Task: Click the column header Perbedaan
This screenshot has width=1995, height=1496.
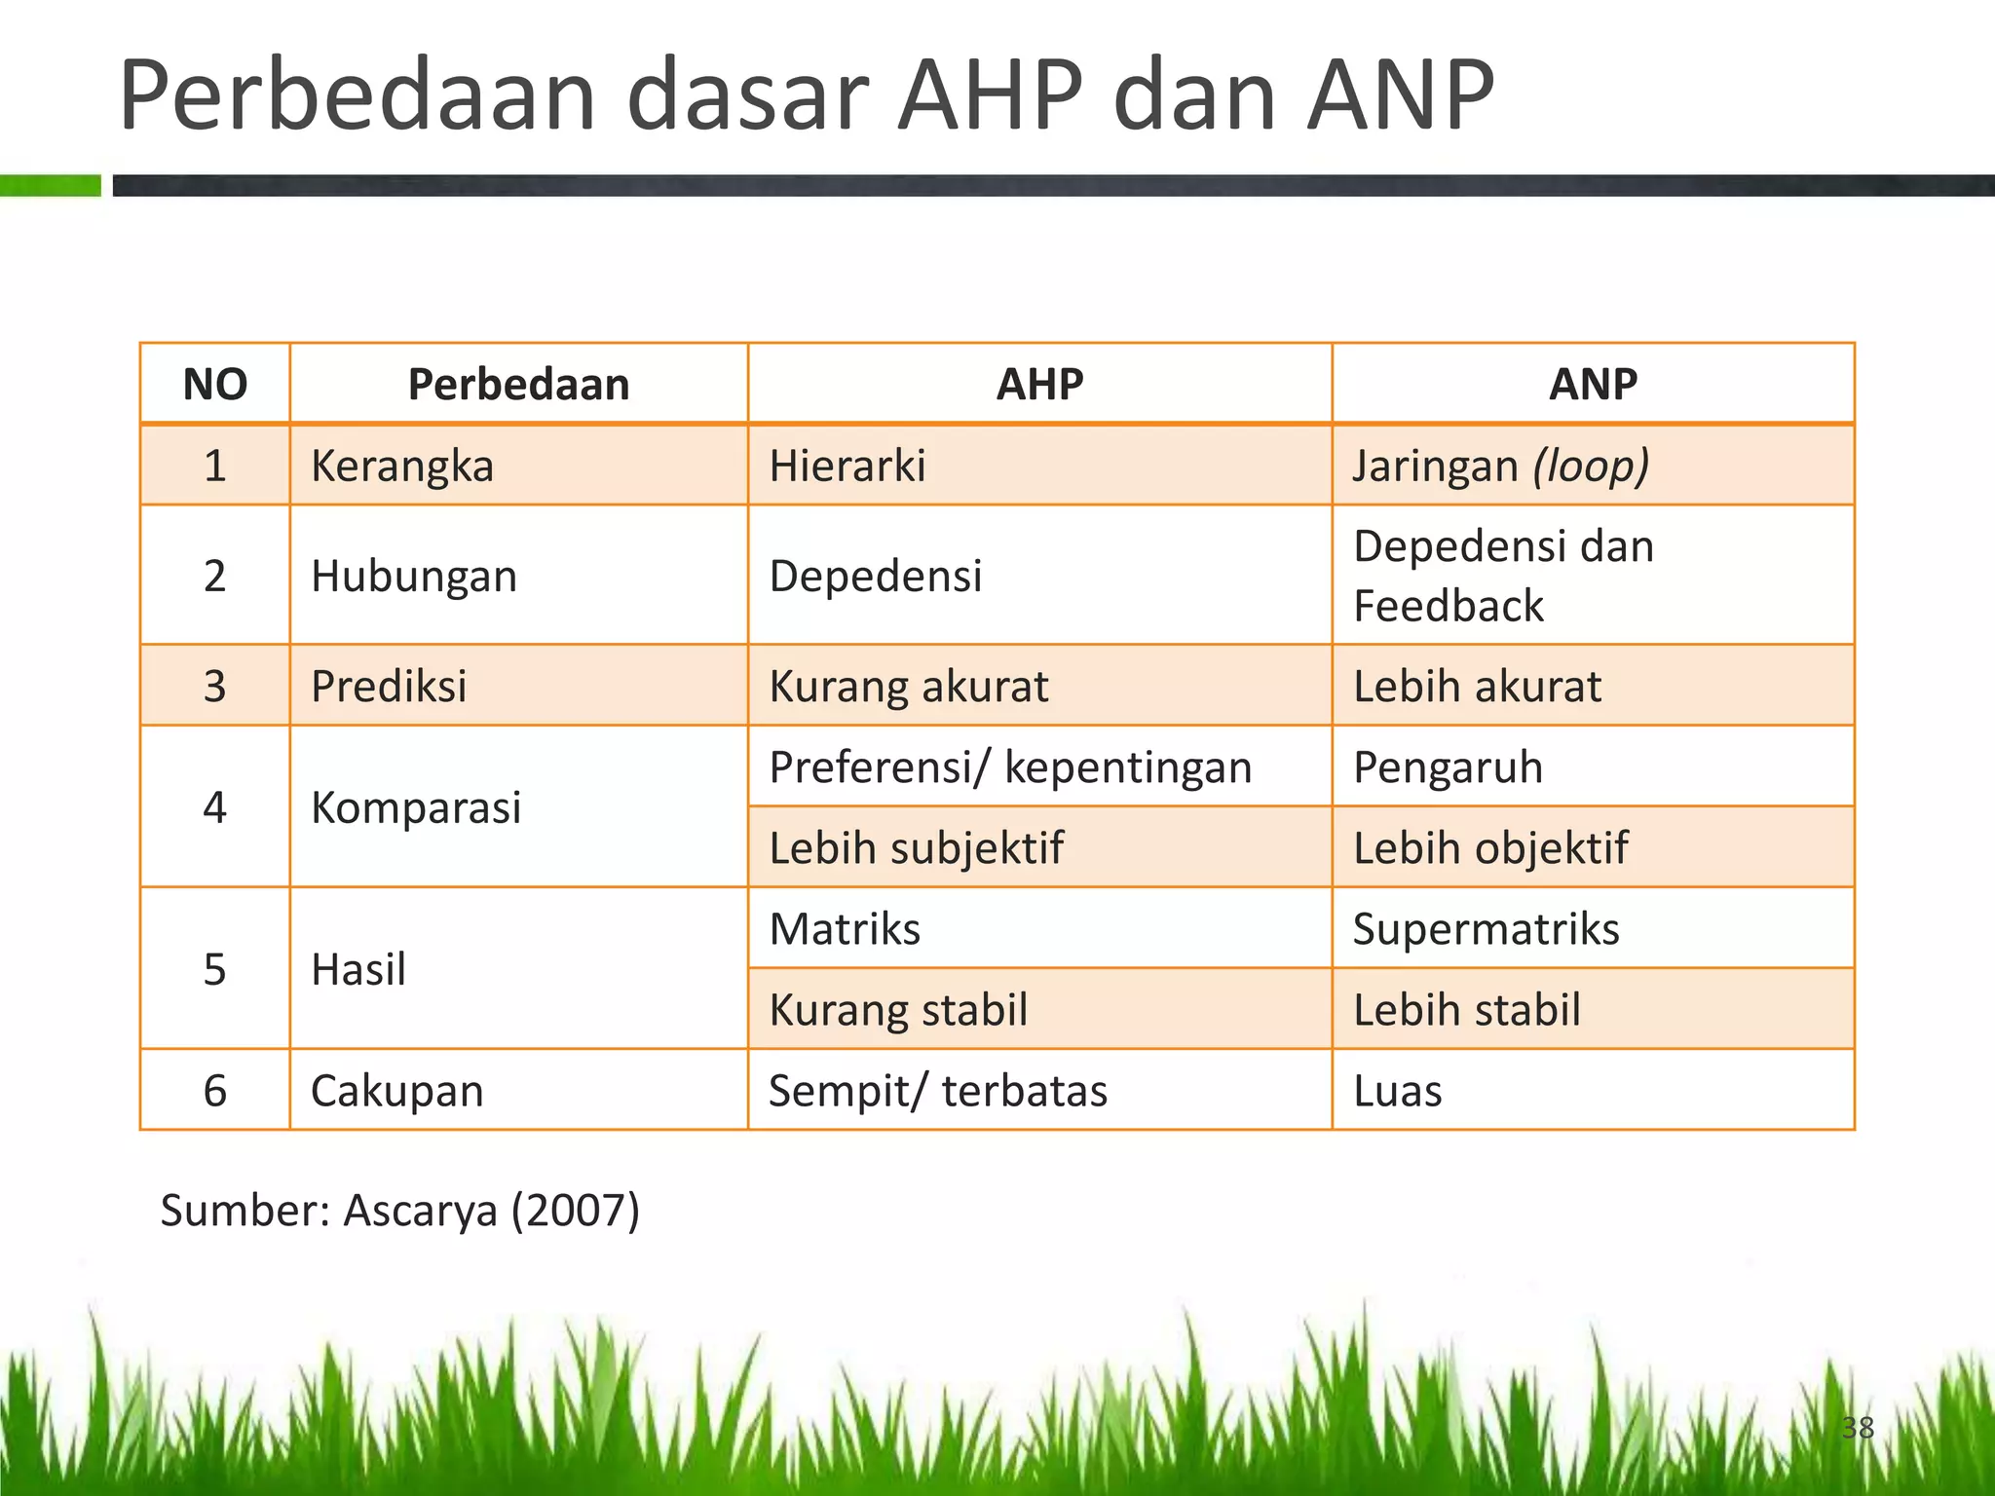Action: coord(518,384)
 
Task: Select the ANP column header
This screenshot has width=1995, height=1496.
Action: coord(1593,384)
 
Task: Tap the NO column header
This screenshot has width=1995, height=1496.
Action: coord(215,384)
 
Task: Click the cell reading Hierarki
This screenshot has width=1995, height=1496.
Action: coord(847,466)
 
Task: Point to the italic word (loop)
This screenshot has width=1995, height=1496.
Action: coord(1591,466)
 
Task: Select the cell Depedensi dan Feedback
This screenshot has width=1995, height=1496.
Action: coord(1503,576)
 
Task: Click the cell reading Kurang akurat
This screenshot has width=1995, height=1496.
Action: coord(908,686)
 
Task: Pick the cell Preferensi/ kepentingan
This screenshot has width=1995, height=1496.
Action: coord(1010,767)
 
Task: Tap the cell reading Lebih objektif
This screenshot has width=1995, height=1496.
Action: coord(1489,847)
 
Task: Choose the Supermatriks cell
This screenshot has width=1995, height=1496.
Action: coord(1486,928)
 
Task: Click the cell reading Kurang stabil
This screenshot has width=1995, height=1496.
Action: coord(898,1009)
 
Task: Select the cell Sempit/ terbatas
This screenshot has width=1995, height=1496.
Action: coord(937,1090)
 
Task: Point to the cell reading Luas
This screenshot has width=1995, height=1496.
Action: coord(1397,1090)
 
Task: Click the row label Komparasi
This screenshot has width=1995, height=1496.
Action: coord(416,807)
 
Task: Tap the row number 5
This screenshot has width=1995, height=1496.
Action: coord(215,969)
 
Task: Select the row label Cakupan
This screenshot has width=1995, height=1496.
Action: coord(396,1090)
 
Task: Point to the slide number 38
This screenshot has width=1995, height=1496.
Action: coord(1857,1428)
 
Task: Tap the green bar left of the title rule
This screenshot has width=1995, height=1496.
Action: coord(50,185)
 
